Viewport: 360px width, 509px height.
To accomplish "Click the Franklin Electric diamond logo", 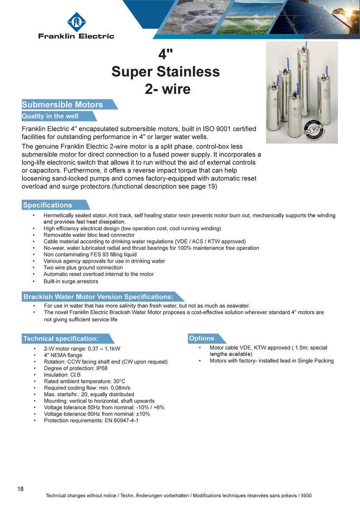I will [x=76, y=22].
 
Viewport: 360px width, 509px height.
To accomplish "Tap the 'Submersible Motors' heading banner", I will [x=63, y=105].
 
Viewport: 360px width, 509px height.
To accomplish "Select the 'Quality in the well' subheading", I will [x=50, y=116].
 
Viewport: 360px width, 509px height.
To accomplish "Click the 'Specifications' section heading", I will [x=48, y=205].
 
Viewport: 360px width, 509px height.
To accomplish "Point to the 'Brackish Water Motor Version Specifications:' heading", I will [x=98, y=297].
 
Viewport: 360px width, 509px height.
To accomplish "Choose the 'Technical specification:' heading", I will [x=61, y=338].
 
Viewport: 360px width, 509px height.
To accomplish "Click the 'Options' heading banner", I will [x=202, y=338].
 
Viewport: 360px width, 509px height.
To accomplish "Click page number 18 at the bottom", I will [x=20, y=489].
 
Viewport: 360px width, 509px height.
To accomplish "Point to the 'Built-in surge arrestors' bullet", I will [x=71, y=281].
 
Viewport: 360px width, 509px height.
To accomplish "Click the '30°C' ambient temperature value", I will [x=119, y=381].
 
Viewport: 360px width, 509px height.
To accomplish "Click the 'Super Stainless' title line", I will [x=166, y=72].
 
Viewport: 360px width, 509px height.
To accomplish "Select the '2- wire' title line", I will [x=168, y=89].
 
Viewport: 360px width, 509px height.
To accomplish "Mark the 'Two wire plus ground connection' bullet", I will [x=83, y=268].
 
